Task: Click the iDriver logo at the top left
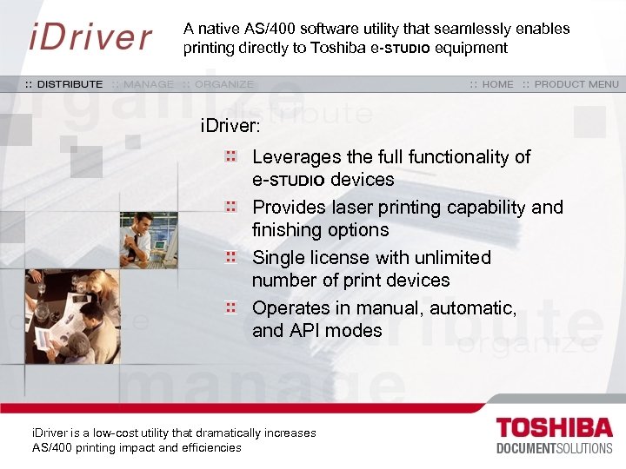(90, 37)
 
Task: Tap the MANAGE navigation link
(149, 84)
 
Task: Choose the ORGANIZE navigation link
(224, 84)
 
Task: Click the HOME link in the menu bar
(497, 84)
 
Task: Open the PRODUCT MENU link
(576, 84)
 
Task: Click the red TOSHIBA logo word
(554, 429)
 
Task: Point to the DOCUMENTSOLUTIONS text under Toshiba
(554, 448)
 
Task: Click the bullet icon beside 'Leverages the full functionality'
(231, 157)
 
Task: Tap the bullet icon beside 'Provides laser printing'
(231, 208)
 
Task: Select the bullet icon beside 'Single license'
(231, 258)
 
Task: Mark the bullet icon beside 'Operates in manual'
(231, 307)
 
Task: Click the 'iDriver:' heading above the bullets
(230, 127)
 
